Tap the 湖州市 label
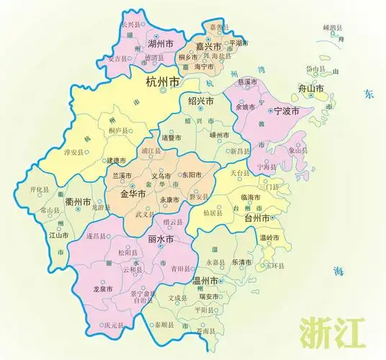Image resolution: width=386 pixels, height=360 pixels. (160, 44)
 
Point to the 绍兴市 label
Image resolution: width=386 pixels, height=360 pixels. (200, 101)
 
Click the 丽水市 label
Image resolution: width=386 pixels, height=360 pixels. (160, 239)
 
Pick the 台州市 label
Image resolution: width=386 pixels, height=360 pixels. (257, 217)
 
